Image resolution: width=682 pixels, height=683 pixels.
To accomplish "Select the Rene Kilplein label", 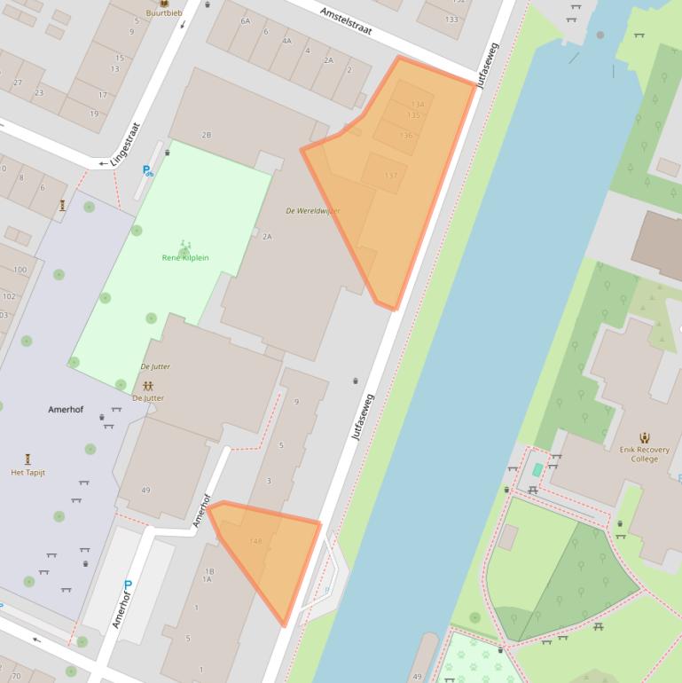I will tap(185, 257).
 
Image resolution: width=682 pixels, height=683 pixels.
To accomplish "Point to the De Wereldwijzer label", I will tap(312, 211).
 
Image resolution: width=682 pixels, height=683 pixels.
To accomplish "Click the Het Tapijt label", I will tap(27, 473).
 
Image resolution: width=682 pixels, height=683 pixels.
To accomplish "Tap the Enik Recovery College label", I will tap(645, 454).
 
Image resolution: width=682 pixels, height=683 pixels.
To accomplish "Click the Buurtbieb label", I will tap(163, 13).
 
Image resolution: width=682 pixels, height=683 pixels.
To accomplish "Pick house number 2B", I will tap(207, 135).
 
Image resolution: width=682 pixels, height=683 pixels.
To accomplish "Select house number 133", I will tap(452, 20).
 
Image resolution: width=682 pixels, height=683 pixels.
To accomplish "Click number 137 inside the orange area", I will tap(391, 176).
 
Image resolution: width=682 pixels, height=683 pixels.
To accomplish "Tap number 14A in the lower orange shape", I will tap(255, 541).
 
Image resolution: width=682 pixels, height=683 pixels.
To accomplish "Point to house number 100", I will tap(20, 270).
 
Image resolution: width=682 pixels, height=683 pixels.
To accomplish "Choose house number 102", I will tap(9, 297).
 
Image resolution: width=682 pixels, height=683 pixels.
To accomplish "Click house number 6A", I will tap(245, 20).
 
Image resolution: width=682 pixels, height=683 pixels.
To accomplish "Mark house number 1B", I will tap(208, 571).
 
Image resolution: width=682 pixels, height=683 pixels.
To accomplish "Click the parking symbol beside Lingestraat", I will tap(147, 170).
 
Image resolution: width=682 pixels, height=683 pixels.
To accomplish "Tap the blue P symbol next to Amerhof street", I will tap(128, 585).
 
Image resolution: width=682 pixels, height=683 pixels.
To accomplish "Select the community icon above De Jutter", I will tap(148, 387).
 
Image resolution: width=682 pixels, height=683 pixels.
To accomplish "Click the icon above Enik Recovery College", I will tap(645, 437).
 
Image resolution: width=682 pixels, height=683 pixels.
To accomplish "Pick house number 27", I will tap(17, 82).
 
